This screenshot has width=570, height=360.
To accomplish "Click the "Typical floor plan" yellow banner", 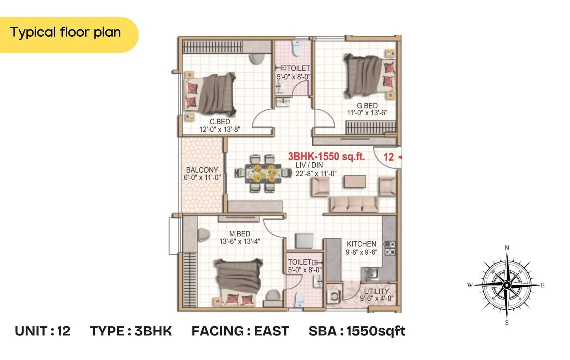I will click(x=66, y=33).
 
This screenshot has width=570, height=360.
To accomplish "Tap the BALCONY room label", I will click(x=202, y=170).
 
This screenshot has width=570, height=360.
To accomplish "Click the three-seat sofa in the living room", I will click(x=354, y=204).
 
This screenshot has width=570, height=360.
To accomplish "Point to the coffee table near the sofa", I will click(x=355, y=181).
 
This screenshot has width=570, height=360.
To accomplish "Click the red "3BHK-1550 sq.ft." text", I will click(x=326, y=156).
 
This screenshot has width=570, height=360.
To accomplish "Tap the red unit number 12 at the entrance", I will click(x=388, y=157).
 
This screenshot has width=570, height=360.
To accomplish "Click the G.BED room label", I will click(x=367, y=106).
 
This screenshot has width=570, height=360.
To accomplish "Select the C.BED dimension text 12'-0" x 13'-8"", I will click(x=220, y=129).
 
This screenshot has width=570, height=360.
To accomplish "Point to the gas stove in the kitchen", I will click(x=389, y=248).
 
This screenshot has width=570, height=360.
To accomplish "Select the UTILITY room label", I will click(x=377, y=291).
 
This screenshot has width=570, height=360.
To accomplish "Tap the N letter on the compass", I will click(x=507, y=247).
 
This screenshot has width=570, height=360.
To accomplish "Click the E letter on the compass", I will click(x=543, y=285).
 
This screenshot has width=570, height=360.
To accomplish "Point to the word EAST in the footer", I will click(x=271, y=331).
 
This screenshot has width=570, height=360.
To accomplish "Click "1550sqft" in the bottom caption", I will click(x=376, y=331).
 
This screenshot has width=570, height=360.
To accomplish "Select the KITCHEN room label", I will click(x=361, y=244).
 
